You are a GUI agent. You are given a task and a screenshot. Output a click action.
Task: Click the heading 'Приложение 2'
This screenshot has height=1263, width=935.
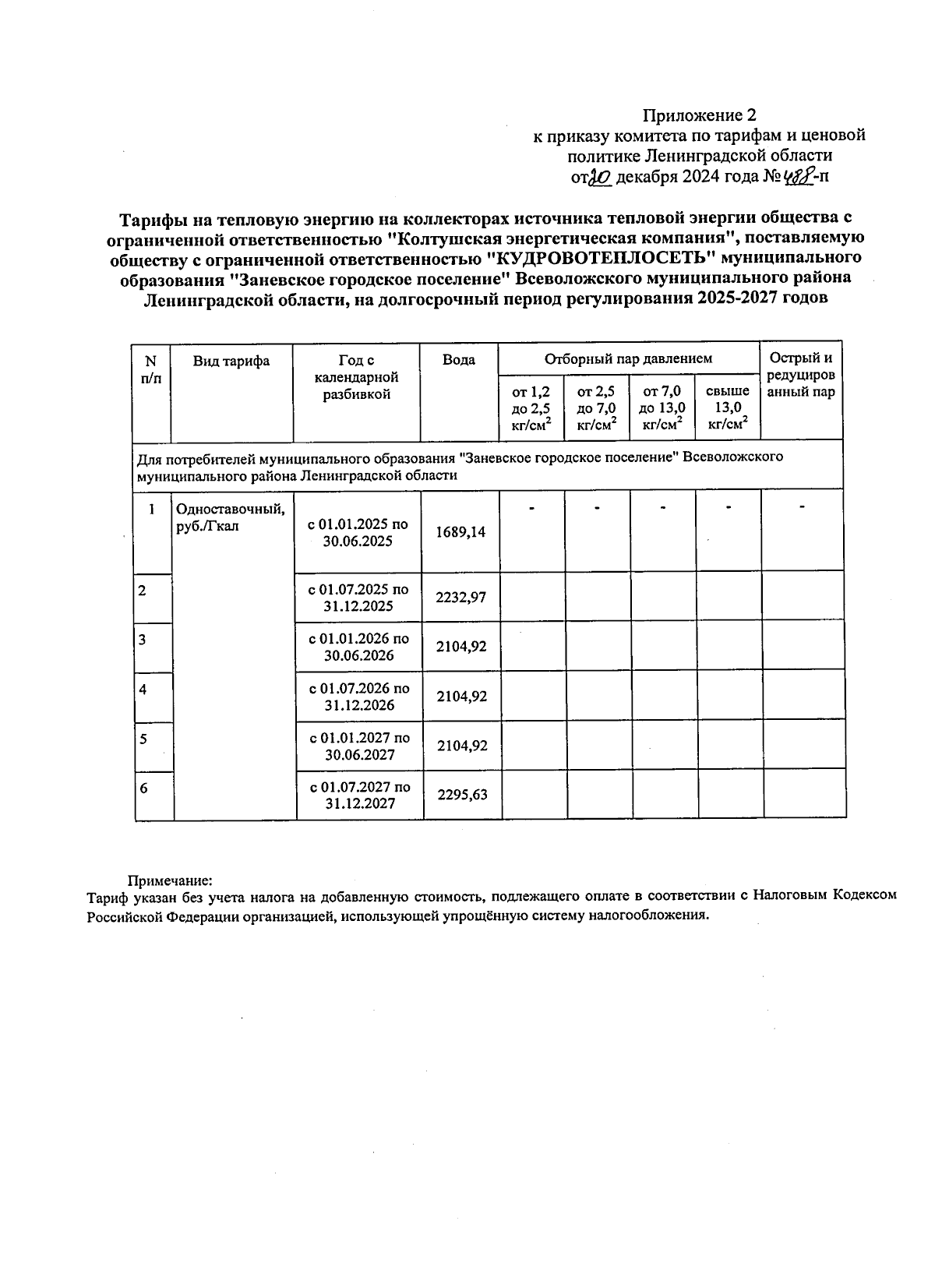[x=699, y=116]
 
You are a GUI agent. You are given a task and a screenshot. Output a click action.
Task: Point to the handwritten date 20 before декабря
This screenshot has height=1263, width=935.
[x=599, y=178]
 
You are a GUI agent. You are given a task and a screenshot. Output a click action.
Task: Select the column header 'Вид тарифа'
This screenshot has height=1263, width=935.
[x=231, y=361]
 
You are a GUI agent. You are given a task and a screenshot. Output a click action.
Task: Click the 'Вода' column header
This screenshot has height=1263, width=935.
[x=459, y=360]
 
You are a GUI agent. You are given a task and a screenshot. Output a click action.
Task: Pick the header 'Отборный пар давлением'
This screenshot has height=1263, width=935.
[x=628, y=359]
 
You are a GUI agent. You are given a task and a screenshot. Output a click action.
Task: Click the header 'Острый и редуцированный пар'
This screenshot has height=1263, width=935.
[x=801, y=375]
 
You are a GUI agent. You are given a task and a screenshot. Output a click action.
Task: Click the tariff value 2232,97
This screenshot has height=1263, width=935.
[x=461, y=597]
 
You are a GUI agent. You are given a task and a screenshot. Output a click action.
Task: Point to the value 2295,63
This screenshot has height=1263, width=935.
[x=462, y=794]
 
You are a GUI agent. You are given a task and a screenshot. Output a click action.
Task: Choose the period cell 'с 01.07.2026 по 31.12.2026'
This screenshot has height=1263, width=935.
[x=359, y=697]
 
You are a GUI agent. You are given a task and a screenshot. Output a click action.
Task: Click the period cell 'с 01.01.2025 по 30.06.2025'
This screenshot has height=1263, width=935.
[x=358, y=533]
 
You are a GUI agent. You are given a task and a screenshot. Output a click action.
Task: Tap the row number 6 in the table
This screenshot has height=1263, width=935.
[x=143, y=788]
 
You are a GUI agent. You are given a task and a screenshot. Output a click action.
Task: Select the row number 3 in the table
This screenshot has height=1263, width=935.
[x=143, y=640]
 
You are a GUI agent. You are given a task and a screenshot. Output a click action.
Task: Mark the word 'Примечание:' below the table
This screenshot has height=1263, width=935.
[x=170, y=880]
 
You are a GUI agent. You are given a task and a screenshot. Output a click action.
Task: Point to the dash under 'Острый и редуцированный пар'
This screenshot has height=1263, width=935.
[x=802, y=508]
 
